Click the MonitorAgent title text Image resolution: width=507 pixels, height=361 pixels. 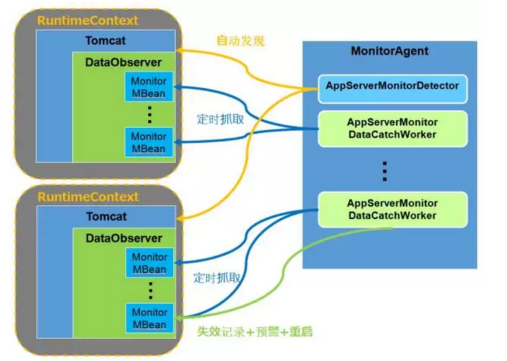point(390,51)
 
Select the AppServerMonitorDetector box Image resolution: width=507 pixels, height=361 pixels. point(392,87)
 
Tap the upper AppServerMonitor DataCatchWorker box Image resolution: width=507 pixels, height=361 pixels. point(392,128)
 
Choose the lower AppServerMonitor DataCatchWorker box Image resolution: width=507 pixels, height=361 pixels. point(392,209)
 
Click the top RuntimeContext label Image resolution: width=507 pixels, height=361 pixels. point(88,21)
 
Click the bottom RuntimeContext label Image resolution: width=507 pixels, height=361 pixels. point(88,197)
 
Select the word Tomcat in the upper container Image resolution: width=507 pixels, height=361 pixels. point(106,40)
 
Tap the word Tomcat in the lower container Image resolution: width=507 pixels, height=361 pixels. point(106,216)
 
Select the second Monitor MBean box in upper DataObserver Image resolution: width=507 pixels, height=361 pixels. point(149,142)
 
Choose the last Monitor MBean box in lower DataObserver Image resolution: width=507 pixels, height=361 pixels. point(149,318)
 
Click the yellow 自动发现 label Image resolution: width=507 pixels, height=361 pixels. point(240,41)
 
